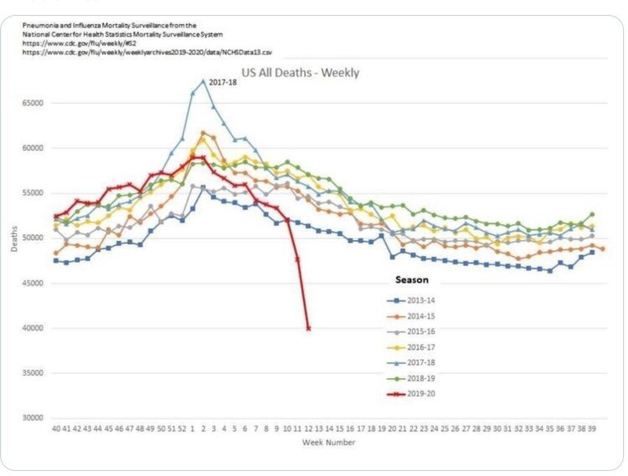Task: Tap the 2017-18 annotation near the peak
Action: (224, 82)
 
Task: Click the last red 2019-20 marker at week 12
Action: (308, 329)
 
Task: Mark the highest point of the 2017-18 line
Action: (203, 81)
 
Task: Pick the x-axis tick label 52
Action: (182, 429)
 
